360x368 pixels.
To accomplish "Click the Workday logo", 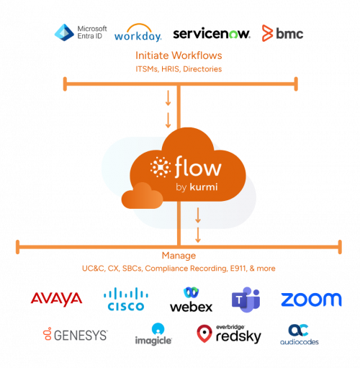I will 138,34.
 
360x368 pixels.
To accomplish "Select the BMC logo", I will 282,33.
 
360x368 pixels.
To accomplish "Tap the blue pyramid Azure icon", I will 64,32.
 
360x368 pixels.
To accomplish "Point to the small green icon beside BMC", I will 233,35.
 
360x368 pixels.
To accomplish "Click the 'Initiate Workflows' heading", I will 179,55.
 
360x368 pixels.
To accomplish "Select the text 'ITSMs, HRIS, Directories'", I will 179,69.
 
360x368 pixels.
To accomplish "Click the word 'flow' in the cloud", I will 197,169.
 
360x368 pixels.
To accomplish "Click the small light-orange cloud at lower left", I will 141,196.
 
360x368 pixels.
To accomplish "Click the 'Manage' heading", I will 179,256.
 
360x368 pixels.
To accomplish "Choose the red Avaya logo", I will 56,298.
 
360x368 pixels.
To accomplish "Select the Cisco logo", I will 126,299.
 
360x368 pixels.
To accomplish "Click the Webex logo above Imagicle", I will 191,292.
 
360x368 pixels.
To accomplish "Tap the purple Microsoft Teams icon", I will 246,299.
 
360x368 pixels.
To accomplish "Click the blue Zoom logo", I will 311,299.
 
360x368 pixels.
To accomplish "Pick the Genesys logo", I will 76,334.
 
